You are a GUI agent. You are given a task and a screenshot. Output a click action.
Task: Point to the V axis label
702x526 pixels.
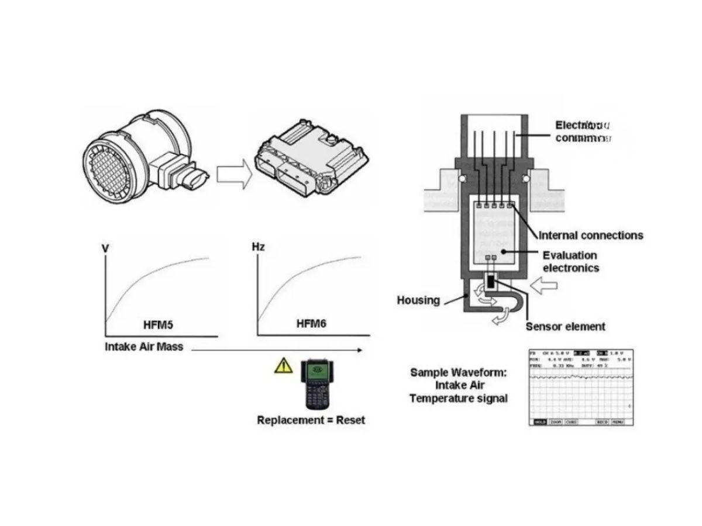click(106, 248)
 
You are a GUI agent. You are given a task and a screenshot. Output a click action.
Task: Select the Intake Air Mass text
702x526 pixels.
click(144, 347)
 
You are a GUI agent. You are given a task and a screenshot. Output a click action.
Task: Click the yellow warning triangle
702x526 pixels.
click(283, 366)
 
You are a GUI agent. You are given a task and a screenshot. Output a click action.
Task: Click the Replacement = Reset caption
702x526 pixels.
click(311, 420)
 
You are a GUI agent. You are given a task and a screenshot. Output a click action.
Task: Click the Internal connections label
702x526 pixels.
click(590, 236)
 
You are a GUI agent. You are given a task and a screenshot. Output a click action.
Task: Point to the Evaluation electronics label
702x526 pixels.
click(570, 262)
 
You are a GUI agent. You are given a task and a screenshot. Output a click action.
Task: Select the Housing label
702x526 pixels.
click(418, 300)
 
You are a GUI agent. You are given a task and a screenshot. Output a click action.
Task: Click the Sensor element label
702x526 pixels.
click(565, 327)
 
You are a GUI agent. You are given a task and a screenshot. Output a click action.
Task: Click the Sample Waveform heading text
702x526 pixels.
click(458, 372)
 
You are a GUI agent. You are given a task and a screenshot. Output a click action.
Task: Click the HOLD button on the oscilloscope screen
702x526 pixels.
click(539, 421)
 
